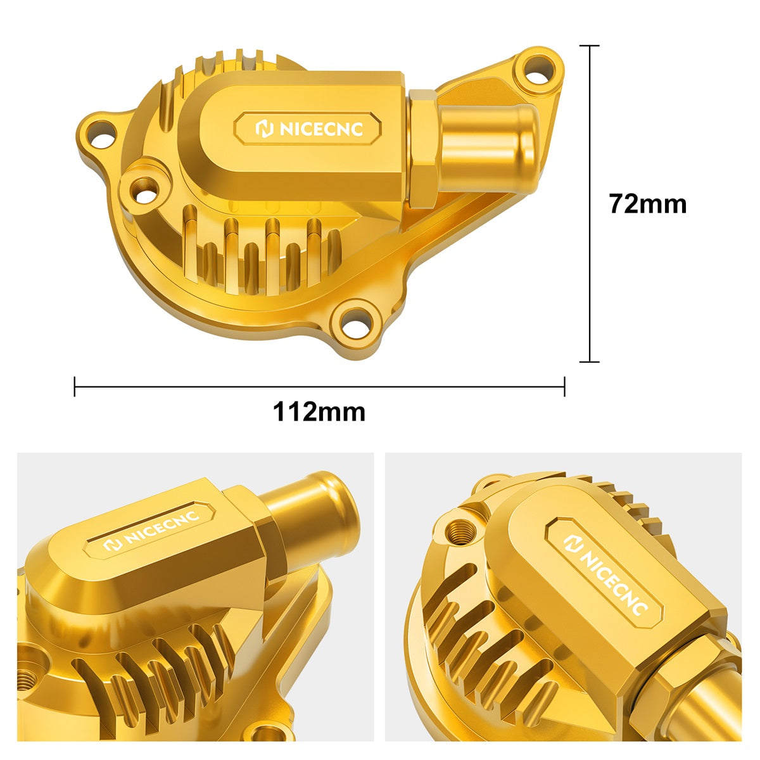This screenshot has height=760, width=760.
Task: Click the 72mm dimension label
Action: tap(647, 205)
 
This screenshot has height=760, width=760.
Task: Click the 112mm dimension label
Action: tap(319, 412)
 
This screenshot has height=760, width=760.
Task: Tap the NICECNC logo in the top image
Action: tap(308, 129)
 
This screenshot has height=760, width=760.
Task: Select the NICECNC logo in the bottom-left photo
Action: tap(151, 529)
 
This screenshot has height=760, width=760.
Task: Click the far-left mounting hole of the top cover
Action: tap(101, 134)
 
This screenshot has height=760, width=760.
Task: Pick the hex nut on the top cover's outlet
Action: tap(424, 148)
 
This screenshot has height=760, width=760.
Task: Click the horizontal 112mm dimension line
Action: tap(319, 386)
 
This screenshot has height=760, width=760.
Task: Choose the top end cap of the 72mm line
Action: tap(590, 46)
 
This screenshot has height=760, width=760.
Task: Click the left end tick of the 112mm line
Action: tap(75, 386)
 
